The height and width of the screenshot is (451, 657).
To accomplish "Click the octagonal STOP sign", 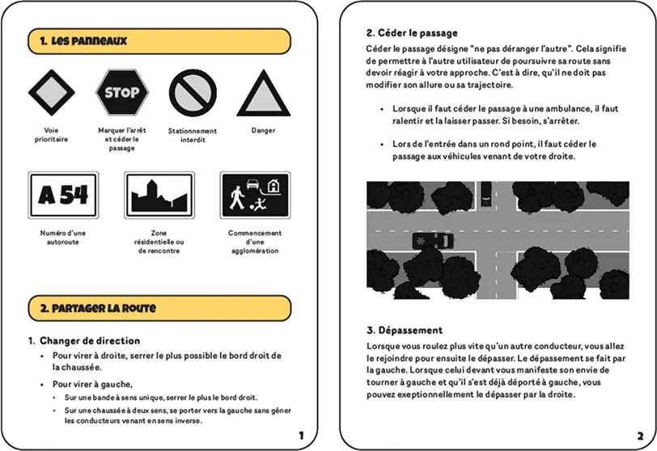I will tap(121, 92).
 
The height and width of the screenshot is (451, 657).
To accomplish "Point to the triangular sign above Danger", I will tap(262, 94).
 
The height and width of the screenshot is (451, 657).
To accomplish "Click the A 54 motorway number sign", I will tap(62, 195).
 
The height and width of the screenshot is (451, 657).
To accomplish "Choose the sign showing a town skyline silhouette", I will tap(159, 195).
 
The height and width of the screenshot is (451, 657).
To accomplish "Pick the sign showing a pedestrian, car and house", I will tap(254, 195).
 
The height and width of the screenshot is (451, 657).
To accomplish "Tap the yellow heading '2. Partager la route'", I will tap(92, 308).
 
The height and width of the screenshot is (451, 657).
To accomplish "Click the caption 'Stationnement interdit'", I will tap(192, 135).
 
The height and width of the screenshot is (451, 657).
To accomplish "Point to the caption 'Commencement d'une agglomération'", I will tap(254, 242).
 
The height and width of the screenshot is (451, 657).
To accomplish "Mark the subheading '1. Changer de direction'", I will tap(89, 340).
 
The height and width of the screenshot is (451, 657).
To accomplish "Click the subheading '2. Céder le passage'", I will tap(412, 33).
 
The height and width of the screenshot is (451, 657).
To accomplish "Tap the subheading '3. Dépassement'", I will tap(404, 330).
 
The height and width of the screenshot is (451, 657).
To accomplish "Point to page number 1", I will tap(302, 435).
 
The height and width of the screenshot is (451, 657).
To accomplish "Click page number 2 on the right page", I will tap(640, 435).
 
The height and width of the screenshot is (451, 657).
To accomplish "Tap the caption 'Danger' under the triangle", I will tap(262, 130).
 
